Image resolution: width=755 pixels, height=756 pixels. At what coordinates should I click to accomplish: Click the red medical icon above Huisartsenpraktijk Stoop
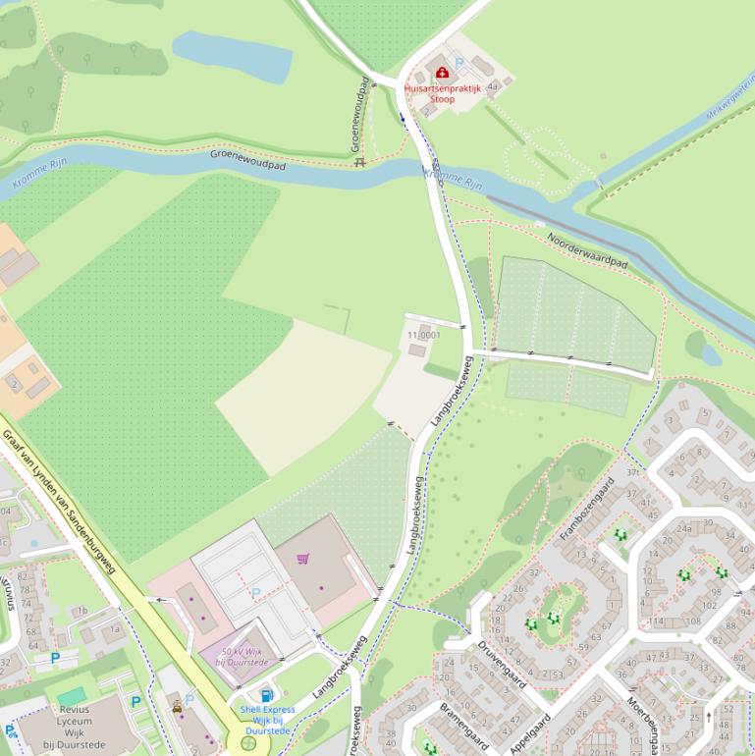[442, 72]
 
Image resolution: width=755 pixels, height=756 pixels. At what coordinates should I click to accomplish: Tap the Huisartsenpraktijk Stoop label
[442, 93]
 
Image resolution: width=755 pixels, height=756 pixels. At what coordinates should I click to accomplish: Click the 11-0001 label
[423, 335]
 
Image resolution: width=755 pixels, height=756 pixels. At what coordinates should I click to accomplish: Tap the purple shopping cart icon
[303, 559]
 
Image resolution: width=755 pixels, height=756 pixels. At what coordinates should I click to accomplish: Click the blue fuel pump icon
[267, 696]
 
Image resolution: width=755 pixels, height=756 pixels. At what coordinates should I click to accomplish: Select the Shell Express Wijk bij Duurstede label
[267, 720]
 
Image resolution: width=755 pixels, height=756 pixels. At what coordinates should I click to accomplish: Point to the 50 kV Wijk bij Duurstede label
[242, 657]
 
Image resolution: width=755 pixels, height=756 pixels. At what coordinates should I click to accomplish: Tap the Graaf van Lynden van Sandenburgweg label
[59, 505]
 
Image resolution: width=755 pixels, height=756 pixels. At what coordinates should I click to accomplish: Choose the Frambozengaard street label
[587, 509]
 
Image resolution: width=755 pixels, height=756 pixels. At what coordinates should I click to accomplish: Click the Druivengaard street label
[504, 664]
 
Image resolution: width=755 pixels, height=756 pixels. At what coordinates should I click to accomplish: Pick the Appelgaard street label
[531, 732]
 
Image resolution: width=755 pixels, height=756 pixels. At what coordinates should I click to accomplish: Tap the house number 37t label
[633, 471]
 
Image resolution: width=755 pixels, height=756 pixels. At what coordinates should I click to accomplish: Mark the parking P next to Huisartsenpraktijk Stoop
[458, 63]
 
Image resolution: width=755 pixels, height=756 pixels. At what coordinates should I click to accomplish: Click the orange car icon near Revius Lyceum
[177, 706]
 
